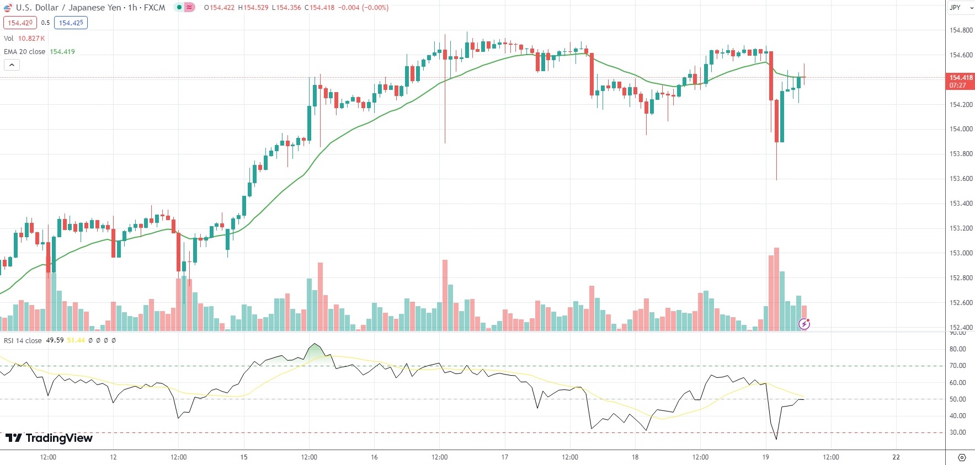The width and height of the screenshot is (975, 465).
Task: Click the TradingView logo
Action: (x=49, y=438)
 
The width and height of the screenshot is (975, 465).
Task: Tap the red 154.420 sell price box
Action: (x=20, y=23)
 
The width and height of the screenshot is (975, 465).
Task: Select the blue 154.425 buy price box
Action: (x=71, y=23)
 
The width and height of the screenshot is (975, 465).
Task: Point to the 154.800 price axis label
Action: (x=961, y=30)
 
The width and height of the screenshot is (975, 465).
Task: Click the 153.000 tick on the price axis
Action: (x=961, y=253)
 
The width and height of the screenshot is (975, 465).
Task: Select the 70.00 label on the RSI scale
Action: (x=957, y=366)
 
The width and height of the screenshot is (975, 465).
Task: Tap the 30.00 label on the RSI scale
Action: (x=957, y=432)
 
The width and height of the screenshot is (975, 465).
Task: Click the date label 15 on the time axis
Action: (x=244, y=457)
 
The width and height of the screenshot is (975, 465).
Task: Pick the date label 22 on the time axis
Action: (x=896, y=457)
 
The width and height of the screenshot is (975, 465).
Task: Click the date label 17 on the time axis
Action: (x=504, y=457)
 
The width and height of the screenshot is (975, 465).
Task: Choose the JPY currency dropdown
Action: (x=961, y=8)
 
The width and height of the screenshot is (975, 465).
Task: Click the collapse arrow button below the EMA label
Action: (x=12, y=65)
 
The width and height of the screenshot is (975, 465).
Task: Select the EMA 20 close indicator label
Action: (x=25, y=52)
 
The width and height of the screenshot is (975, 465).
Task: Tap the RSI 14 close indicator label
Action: (x=23, y=340)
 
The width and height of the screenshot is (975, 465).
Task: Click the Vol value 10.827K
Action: (x=31, y=39)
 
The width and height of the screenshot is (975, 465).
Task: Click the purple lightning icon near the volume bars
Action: (x=804, y=324)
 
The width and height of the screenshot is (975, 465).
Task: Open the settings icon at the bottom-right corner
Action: (x=962, y=457)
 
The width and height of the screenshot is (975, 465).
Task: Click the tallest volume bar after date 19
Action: (x=776, y=290)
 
